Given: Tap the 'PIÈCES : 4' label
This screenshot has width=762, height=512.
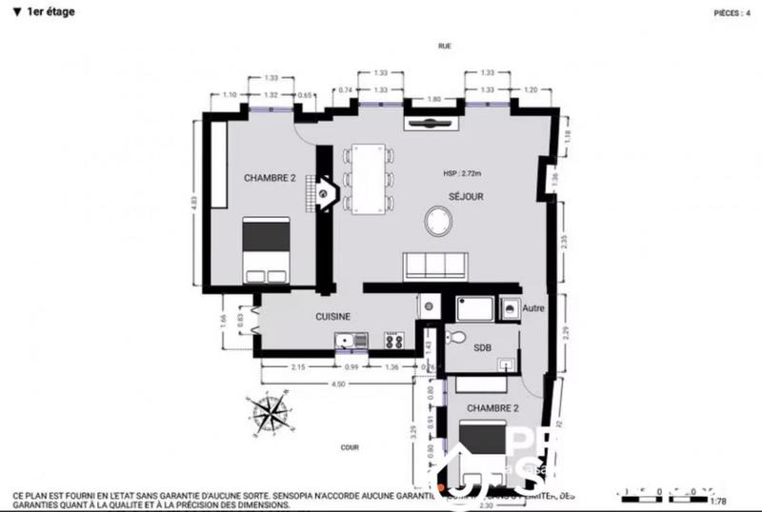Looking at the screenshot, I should point(732,13).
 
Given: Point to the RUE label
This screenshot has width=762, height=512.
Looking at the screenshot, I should point(444,46).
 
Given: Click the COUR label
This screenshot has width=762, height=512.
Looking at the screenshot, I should point(348,444).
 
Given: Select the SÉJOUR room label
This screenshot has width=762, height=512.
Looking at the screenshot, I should point(467,196).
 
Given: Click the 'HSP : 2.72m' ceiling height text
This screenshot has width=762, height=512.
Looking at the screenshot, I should point(464,174).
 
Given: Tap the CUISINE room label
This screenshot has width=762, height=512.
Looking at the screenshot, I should point(334,317).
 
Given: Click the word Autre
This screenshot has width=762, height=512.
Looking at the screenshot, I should point(533,308).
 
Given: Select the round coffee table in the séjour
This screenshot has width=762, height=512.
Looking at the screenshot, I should point(439,223).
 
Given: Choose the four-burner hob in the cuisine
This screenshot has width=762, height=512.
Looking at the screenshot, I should point(393,340).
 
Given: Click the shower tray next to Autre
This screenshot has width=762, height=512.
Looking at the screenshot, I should point(474,307).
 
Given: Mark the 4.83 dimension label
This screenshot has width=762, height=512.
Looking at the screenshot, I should point(194,207).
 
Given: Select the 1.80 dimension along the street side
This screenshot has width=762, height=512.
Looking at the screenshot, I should point(434,99).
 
